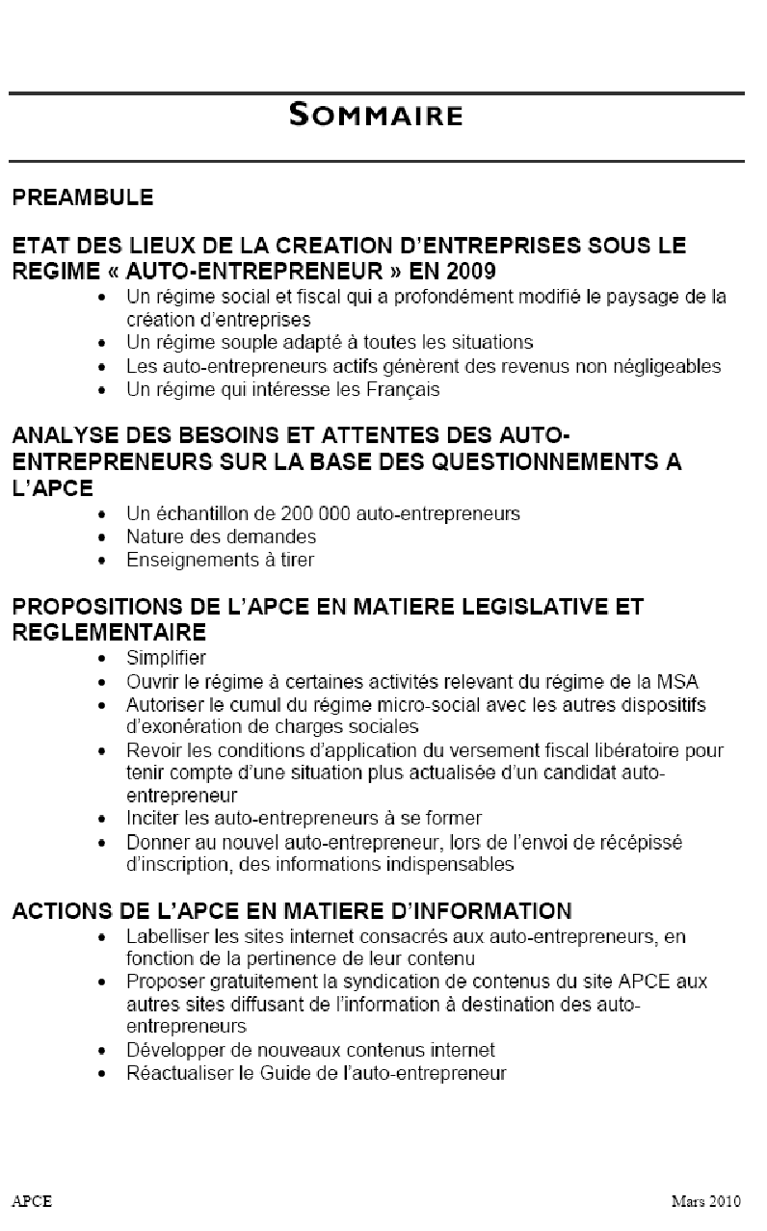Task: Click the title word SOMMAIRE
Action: coord(376,117)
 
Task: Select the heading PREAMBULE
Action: coord(83,198)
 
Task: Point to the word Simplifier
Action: coord(166,659)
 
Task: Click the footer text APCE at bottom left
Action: coord(32,1201)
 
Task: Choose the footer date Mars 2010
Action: coord(706,1201)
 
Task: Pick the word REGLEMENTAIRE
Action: coord(109,632)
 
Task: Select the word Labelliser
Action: coord(166,936)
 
